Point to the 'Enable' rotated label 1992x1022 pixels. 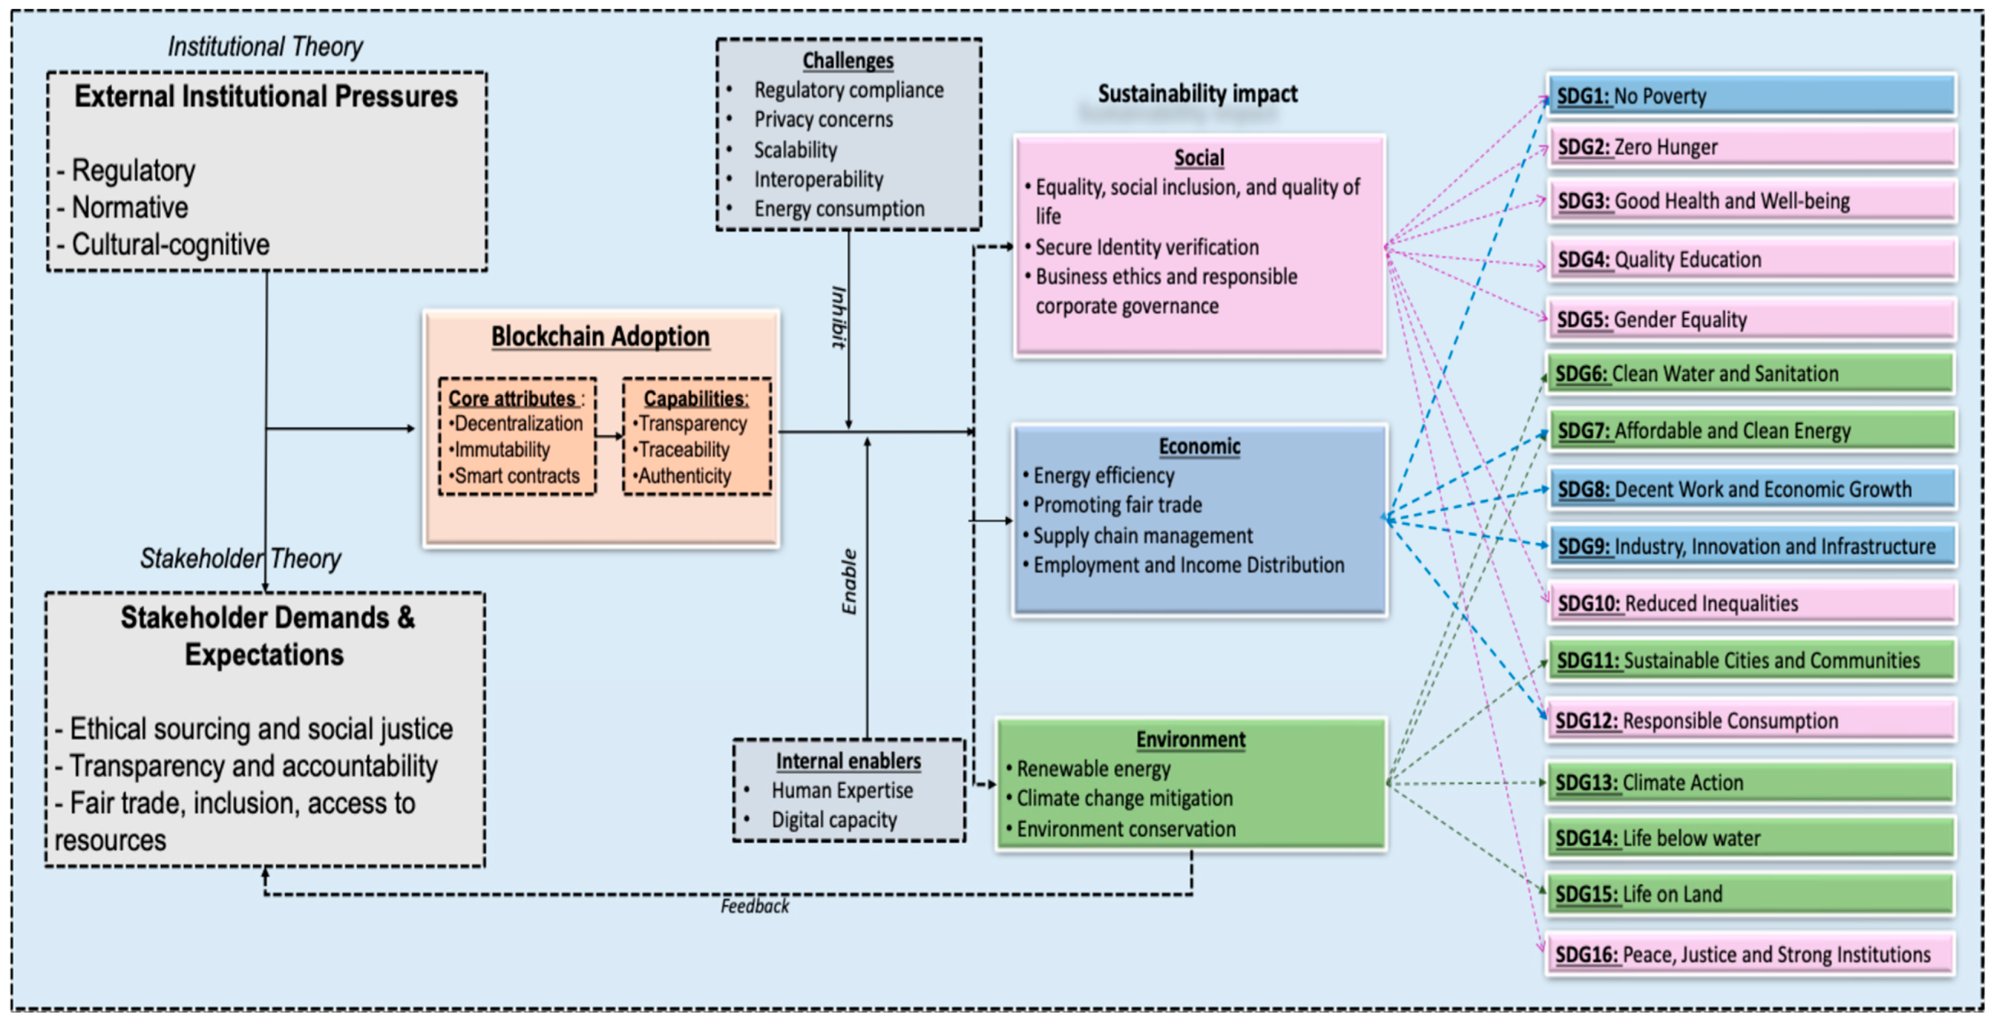coord(849,582)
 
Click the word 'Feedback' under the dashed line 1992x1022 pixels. coord(755,906)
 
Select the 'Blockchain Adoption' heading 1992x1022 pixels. coord(600,336)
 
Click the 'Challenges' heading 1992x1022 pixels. coord(848,60)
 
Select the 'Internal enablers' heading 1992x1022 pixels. coord(848,761)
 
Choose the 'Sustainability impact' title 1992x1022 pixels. coord(1197,94)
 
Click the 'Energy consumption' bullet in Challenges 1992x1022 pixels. coord(839,209)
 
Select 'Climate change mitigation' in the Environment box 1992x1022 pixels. coord(1124,798)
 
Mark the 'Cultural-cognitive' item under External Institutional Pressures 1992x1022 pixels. coord(170,244)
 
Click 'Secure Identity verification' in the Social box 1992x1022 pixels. coord(1146,248)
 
